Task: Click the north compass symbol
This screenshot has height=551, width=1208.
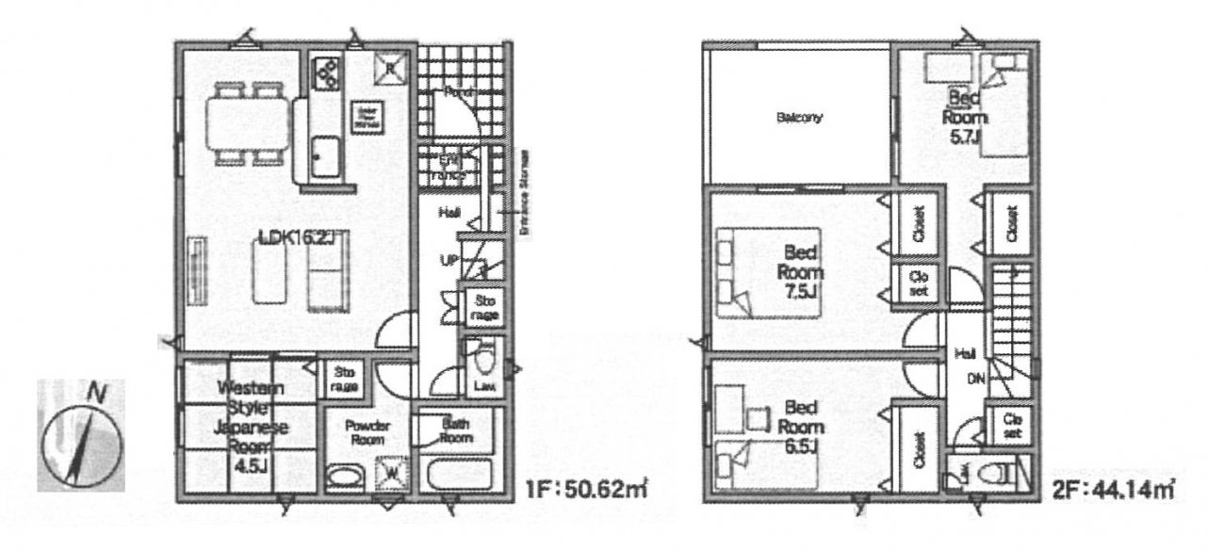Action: pyautogui.click(x=81, y=435)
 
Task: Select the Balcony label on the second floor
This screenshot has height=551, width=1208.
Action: pyautogui.click(x=800, y=118)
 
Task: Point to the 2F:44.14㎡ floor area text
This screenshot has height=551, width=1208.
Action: pyautogui.click(x=1111, y=490)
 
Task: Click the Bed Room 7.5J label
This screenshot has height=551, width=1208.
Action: pyautogui.click(x=800, y=271)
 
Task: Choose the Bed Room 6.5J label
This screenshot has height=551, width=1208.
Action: pyautogui.click(x=800, y=426)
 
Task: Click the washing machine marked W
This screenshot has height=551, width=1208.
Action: pyautogui.click(x=390, y=471)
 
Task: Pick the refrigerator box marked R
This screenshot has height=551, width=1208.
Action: pyautogui.click(x=390, y=67)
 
